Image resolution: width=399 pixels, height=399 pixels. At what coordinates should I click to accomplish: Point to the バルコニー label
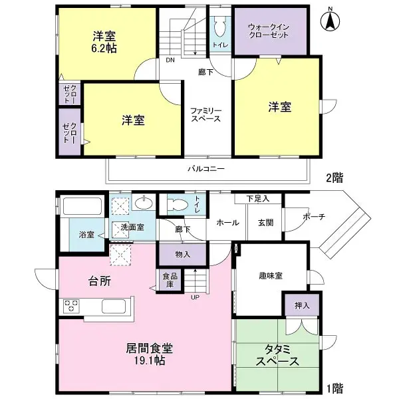tap(205, 169)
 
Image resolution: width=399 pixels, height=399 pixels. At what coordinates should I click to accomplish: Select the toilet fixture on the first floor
tap(178, 203)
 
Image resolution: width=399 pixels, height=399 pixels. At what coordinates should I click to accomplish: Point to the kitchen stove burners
tap(72, 306)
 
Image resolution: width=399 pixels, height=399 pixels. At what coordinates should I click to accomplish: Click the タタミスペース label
tap(277, 356)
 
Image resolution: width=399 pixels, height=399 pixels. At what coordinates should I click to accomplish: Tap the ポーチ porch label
tap(314, 217)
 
